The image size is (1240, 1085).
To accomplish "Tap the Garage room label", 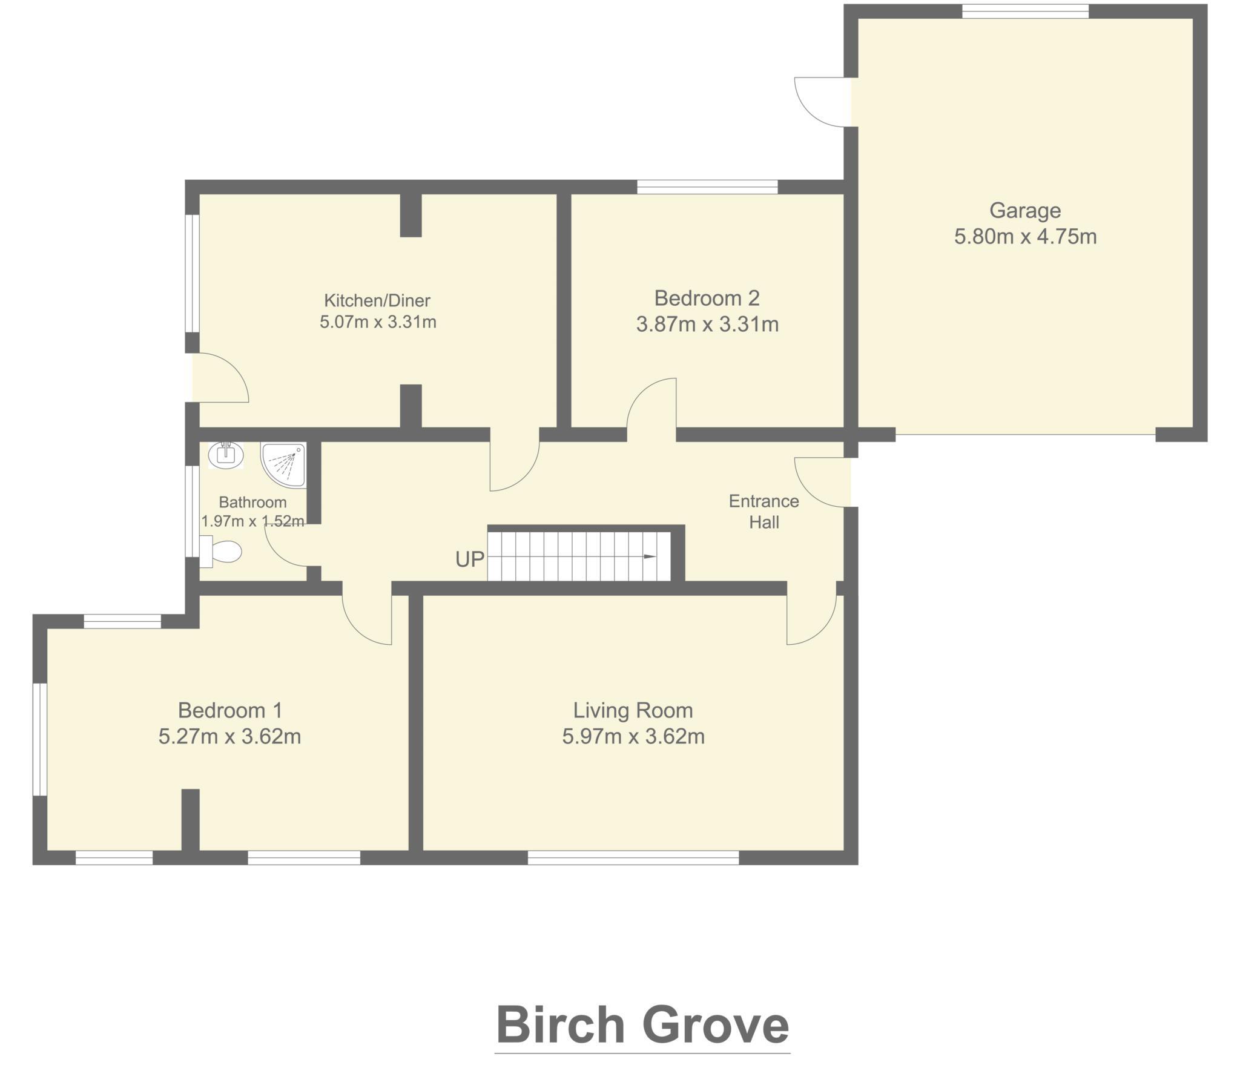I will pos(1025,210).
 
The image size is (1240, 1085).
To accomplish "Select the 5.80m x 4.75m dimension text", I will pos(1025,236).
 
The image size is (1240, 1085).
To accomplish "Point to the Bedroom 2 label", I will pos(707,298).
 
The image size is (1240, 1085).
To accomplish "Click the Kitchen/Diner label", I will pos(377,300).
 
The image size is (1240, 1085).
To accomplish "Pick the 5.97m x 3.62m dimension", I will pos(633,736).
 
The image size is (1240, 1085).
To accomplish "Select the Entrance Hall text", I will pos(763,512).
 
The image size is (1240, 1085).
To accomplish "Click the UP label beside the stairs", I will pos(470,559).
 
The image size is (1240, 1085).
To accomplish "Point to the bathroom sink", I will pos(226,453).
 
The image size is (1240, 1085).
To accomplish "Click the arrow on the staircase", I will pos(649,557).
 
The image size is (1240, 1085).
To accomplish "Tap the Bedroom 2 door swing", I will pos(651,403).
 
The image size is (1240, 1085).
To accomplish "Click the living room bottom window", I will pos(633,857).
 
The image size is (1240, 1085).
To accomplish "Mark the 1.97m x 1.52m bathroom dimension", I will pos(252,521).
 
